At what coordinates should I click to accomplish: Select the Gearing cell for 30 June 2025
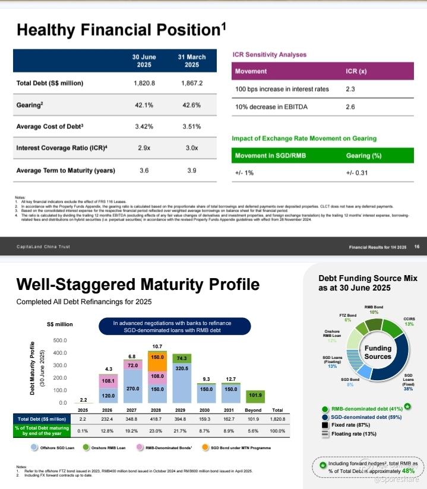(144, 105)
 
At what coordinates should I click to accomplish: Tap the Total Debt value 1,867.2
(191, 83)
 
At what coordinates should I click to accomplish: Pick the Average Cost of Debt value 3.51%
(191, 127)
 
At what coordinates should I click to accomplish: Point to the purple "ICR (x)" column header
(356, 71)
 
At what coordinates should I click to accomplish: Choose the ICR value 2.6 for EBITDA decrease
(350, 107)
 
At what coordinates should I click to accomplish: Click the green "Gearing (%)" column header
(363, 156)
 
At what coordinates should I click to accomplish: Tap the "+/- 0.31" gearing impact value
(358, 173)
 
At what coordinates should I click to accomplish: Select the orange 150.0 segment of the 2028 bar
(157, 358)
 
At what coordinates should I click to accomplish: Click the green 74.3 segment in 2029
(182, 358)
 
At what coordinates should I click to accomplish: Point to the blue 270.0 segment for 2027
(133, 388)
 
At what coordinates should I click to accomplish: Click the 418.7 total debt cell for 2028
(157, 419)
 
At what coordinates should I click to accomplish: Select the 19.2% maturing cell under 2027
(133, 430)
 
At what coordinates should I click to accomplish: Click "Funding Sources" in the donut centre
(378, 352)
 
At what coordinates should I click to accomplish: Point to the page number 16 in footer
(417, 247)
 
